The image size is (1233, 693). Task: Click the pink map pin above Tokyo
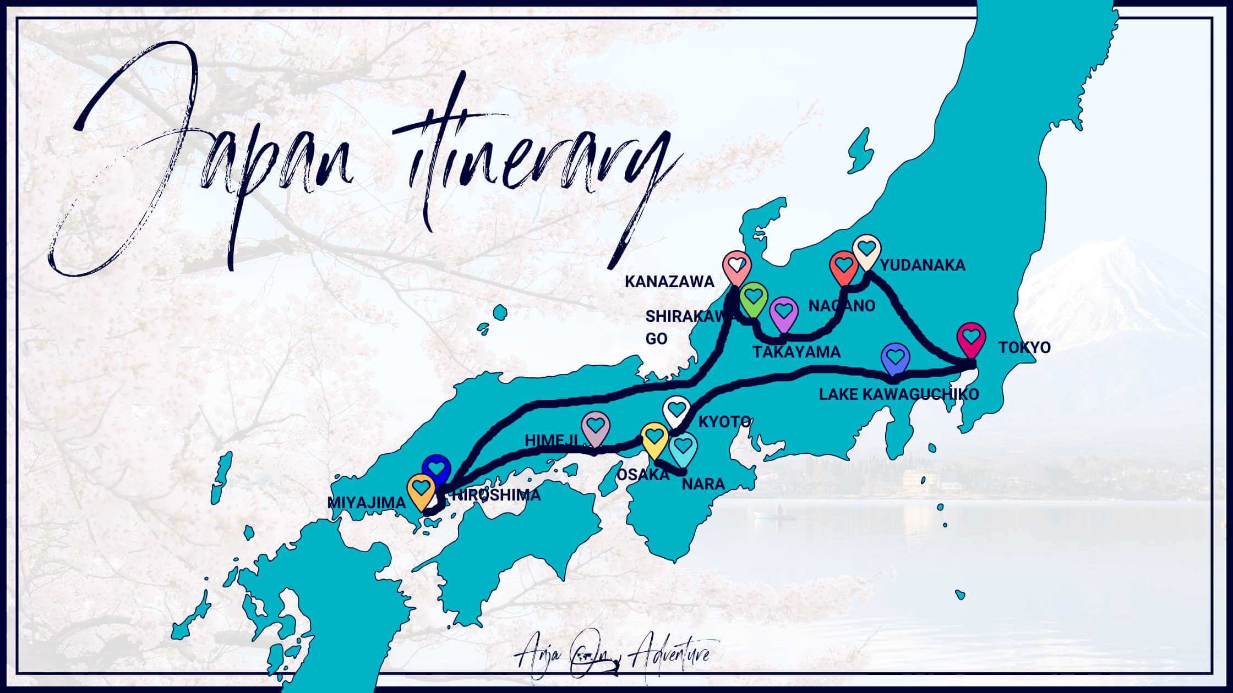point(972,338)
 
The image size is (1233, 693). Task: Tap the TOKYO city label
point(1024,348)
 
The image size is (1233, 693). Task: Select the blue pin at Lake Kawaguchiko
point(896,359)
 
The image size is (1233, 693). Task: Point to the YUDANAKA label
point(923,265)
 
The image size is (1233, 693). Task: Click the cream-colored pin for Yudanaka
point(867,251)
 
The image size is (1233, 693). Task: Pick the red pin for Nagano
point(843,267)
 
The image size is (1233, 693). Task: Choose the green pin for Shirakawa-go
point(754,298)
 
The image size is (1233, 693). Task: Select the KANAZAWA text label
point(669,282)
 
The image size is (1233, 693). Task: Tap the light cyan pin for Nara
point(683,448)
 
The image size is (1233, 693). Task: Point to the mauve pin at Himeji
point(596,427)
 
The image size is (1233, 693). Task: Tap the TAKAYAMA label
point(796,352)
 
